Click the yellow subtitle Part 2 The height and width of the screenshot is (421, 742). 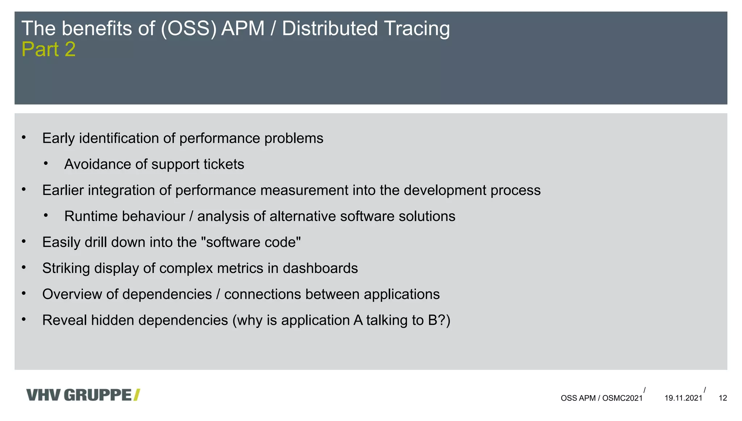tap(49, 49)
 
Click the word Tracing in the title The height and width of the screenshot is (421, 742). tap(417, 28)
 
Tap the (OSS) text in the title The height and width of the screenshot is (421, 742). tap(188, 28)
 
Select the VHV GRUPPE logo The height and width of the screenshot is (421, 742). tap(83, 395)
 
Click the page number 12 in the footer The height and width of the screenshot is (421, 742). tap(722, 398)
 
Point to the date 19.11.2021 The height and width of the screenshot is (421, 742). tap(683, 398)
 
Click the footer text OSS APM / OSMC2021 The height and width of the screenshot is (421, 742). tap(601, 398)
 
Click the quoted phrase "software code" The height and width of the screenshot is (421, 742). tap(253, 242)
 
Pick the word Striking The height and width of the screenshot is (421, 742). tap(66, 268)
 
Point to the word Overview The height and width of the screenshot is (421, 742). tap(72, 294)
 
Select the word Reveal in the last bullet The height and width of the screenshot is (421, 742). tap(64, 320)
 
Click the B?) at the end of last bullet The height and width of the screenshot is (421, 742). tap(439, 320)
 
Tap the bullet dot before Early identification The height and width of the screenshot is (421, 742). tap(24, 138)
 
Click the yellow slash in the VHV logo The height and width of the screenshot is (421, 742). tap(137, 395)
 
